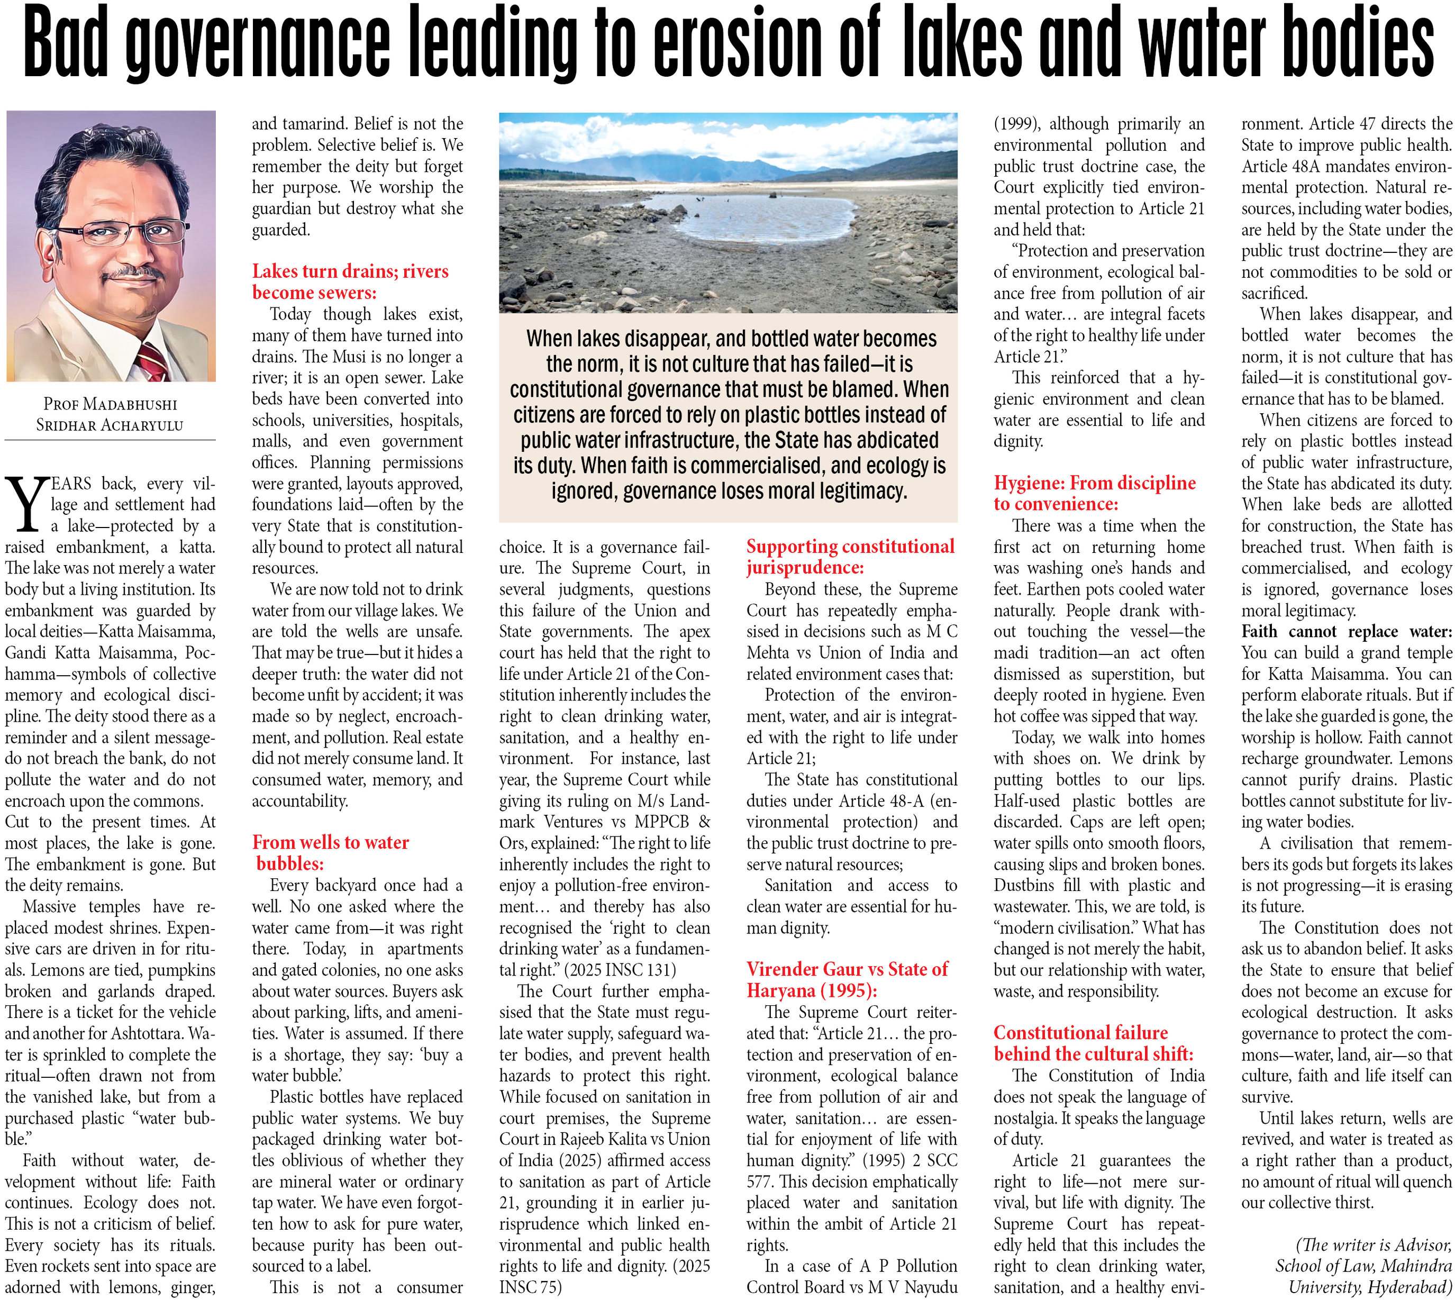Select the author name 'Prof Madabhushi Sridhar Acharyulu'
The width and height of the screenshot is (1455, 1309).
[x=110, y=414]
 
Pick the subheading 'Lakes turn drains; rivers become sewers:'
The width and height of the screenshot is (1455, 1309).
[x=350, y=281]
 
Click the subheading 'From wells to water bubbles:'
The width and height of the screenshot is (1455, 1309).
[x=330, y=852]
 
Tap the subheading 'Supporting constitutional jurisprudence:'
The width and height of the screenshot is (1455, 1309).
[x=850, y=556]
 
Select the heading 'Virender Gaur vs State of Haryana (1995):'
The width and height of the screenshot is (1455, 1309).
[x=847, y=979]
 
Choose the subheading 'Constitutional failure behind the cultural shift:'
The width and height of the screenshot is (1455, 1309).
[x=1093, y=1043]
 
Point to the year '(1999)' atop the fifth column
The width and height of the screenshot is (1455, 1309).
[x=1015, y=124]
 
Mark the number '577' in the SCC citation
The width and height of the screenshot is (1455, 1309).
[x=760, y=1181]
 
